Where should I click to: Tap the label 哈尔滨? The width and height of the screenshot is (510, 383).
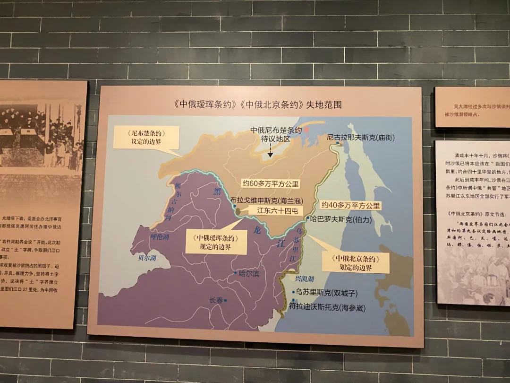249,273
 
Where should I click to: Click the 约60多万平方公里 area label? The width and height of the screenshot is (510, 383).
271,183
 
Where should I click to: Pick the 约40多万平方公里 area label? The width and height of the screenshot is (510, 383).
350,206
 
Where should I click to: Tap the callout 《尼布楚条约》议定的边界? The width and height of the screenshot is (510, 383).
147,138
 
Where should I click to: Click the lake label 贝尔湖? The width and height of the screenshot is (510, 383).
147,258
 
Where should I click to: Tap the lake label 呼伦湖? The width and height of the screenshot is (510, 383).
159,236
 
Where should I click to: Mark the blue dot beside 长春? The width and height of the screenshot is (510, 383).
225,300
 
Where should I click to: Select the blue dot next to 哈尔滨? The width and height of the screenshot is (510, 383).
235,273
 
